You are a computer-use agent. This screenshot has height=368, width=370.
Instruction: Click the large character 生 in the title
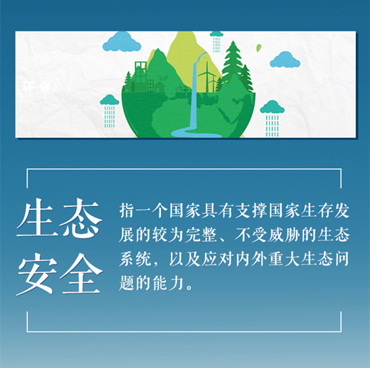pos(37,217)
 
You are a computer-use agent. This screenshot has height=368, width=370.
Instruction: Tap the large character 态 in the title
pos(81,217)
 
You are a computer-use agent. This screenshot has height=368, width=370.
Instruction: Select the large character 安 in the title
pos(37,274)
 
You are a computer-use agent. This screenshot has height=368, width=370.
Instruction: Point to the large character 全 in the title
pos(81,274)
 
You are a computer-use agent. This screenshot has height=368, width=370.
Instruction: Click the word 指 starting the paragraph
pos(127,211)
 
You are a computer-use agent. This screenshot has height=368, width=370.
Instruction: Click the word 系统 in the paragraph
pos(135,259)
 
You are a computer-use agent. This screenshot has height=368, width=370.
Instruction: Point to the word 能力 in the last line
pos(168,283)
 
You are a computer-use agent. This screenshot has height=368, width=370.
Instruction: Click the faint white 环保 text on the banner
pos(37,87)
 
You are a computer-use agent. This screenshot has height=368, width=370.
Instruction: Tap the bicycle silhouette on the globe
pos(183,89)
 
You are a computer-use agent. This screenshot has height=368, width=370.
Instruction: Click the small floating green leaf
pos(259,48)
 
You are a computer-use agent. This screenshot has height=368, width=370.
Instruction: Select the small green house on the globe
pos(159,87)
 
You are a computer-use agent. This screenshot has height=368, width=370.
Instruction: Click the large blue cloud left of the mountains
pos(122,42)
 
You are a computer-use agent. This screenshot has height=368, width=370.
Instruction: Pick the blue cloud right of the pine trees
pos(285,59)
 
